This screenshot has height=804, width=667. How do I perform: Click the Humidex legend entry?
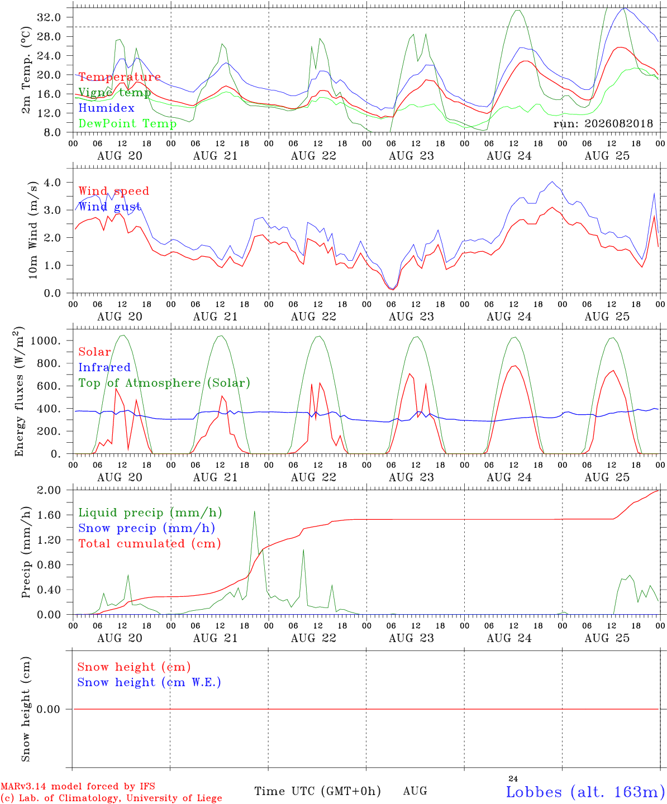(106, 108)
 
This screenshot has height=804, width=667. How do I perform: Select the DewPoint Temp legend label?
(127, 123)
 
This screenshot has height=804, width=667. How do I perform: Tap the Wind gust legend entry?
(110, 207)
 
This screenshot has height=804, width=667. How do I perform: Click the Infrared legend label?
(104, 367)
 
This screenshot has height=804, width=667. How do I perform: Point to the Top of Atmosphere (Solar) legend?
(165, 383)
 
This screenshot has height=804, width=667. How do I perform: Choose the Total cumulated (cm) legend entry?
(150, 544)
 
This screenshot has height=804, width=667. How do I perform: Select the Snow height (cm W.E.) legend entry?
(149, 682)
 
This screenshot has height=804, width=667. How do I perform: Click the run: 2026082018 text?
(603, 123)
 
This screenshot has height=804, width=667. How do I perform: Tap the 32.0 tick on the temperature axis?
(49, 17)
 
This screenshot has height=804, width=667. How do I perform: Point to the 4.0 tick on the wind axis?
(53, 182)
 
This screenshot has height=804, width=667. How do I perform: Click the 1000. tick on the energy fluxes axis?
(45, 341)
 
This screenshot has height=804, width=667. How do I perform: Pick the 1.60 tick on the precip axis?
(49, 515)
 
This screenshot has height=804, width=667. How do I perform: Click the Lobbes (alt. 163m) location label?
(586, 792)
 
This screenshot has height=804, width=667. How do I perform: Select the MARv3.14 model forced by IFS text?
(78, 786)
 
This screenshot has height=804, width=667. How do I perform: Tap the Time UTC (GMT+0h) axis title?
(317, 791)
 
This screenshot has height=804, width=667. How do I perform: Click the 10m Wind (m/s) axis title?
(33, 229)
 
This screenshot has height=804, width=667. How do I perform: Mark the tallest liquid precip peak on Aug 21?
(254, 511)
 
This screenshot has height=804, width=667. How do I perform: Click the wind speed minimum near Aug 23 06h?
(392, 290)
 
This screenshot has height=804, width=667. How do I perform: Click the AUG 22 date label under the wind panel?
(313, 317)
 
